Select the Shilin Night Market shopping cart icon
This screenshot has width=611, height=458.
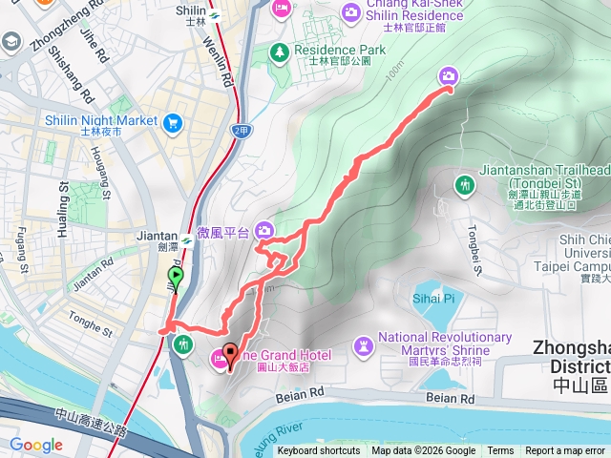coord(173,121)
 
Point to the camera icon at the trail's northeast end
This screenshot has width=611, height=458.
coord(449,75)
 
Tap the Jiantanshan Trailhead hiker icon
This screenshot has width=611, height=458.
coord(465,183)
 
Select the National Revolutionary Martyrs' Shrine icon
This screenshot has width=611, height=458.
coord(363,343)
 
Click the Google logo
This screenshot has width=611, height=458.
coord(36,445)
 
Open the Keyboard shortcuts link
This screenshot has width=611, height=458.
coord(318,451)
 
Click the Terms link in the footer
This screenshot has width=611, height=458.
coord(500,451)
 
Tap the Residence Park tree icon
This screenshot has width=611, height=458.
coord(280,52)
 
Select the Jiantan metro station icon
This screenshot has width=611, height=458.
coord(188,239)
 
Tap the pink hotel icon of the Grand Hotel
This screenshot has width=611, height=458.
coord(220,359)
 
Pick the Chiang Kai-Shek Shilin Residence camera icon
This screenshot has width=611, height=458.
coord(350,12)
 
